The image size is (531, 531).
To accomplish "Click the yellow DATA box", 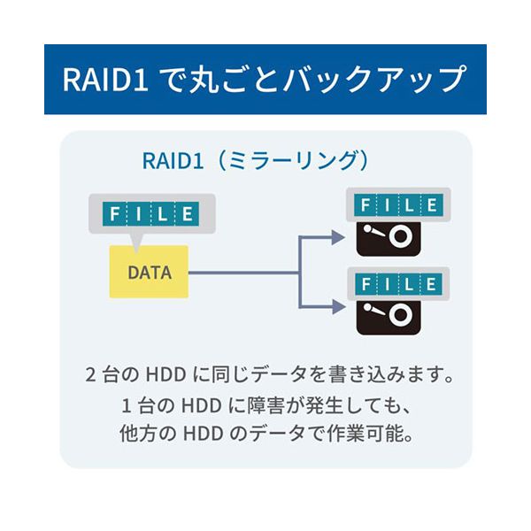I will tap(149, 271).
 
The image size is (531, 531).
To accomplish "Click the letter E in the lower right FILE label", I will tap(432, 284).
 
